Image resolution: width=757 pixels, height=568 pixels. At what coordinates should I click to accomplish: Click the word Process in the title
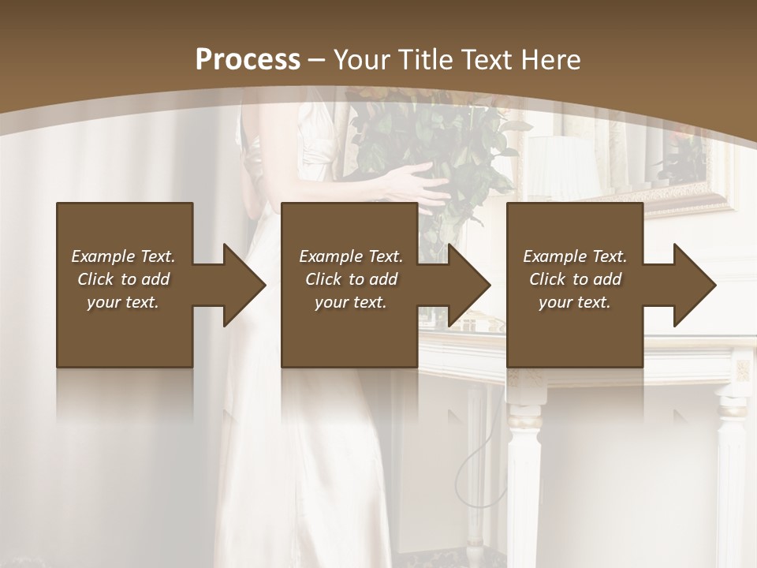(x=248, y=59)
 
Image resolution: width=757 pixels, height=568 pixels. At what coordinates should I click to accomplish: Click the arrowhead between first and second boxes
(x=244, y=285)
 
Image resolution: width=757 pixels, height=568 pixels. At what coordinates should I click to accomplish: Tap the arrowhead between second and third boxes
(x=469, y=285)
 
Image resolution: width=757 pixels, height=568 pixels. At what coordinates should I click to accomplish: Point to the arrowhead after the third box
(x=695, y=285)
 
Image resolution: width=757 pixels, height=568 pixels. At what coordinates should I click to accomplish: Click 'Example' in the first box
(x=103, y=256)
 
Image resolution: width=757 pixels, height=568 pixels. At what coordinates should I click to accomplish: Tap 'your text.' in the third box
(x=574, y=302)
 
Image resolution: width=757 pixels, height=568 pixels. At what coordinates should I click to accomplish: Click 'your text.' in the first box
(x=123, y=302)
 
